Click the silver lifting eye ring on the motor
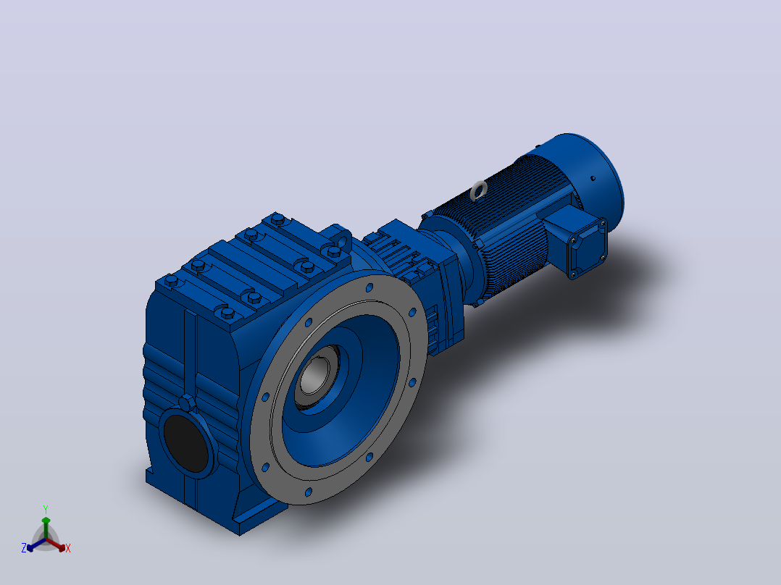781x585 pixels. [x=479, y=190]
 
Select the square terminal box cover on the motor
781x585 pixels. [x=588, y=248]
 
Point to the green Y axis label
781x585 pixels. [x=46, y=509]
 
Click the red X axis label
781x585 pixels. [x=68, y=548]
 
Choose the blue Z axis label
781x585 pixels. [x=23, y=548]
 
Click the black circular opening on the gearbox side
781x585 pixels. [x=185, y=443]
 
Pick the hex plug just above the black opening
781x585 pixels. [x=187, y=403]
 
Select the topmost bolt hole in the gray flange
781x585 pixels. [x=369, y=287]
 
